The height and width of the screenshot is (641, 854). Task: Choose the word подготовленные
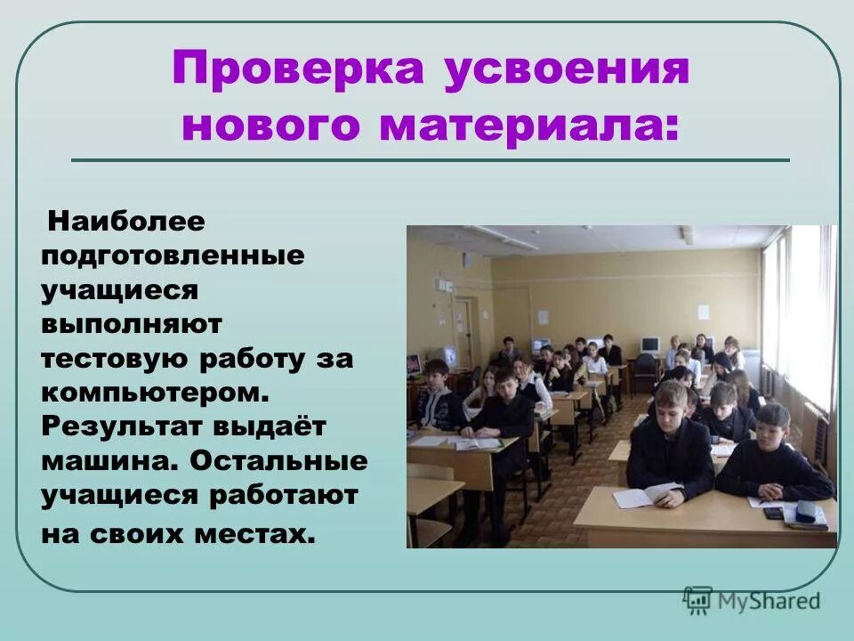click(x=173, y=255)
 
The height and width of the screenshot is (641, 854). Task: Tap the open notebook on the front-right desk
click(x=649, y=494)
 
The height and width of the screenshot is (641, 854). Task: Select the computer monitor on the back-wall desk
click(x=649, y=344)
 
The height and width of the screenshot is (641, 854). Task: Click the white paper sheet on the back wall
click(x=703, y=312)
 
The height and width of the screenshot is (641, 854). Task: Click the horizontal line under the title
click(x=430, y=160)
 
